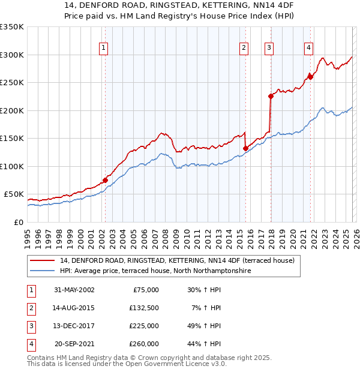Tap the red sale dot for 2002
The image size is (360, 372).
[x=105, y=179]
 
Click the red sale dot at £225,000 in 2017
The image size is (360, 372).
[x=271, y=96]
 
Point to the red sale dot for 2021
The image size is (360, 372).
[x=311, y=76]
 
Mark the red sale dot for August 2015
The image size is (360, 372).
[x=245, y=148]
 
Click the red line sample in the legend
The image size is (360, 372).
[x=43, y=260]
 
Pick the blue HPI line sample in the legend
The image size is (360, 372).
[x=43, y=271]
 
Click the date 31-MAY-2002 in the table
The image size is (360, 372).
[x=74, y=290]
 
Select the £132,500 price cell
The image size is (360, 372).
[x=143, y=308]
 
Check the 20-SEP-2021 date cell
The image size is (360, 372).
[x=74, y=344]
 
